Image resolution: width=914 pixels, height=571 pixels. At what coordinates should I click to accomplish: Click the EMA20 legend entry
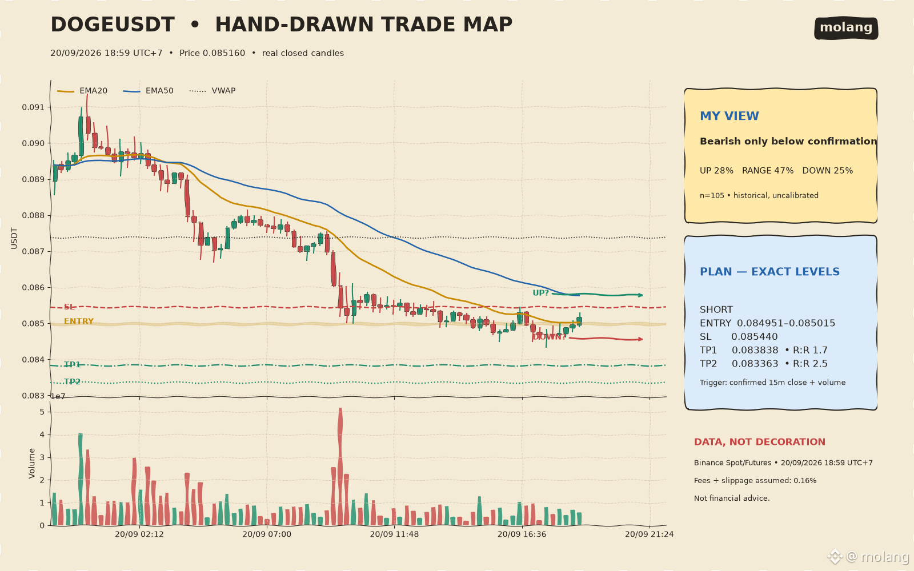point(82,91)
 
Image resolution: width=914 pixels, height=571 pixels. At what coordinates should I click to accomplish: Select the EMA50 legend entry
point(148,91)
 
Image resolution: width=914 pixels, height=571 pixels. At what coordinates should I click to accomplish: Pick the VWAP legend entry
point(213,91)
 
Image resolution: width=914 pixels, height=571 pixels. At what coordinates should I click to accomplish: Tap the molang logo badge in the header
point(846,28)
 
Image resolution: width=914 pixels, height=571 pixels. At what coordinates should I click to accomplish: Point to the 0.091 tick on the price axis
point(33,107)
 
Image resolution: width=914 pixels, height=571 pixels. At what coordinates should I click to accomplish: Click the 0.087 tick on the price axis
point(33,252)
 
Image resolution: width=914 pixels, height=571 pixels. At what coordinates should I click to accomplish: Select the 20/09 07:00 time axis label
point(267,534)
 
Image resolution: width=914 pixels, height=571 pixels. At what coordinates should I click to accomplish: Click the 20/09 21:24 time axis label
point(649,534)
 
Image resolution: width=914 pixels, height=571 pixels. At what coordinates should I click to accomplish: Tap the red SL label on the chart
point(69,307)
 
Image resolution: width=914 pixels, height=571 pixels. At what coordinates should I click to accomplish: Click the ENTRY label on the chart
point(79,321)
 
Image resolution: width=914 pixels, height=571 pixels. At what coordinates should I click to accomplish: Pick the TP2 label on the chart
point(72,382)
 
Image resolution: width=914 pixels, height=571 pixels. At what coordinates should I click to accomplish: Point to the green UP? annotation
point(540,293)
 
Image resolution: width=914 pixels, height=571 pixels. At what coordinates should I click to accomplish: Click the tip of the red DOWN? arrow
point(643,339)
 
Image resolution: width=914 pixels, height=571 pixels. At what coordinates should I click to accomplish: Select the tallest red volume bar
point(340,466)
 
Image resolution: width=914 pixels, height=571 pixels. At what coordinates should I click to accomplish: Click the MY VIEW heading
point(729,116)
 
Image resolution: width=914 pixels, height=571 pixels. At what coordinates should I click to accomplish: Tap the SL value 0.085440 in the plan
point(755,337)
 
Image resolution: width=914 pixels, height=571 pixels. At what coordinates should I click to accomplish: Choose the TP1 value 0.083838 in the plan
point(755,351)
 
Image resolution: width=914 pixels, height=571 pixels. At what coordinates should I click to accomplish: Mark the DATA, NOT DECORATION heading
point(759,442)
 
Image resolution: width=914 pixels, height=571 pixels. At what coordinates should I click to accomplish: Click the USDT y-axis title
point(14,238)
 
